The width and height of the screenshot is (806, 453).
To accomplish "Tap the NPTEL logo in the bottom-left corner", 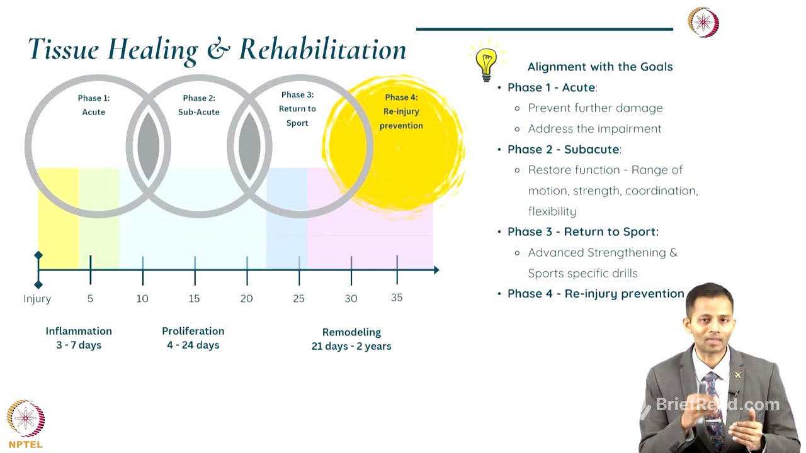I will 26,423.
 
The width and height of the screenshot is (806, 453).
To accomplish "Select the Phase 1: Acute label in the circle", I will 94,105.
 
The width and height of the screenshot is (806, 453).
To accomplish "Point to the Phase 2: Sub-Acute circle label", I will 199,105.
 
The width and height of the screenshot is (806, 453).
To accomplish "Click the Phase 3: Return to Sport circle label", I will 297,109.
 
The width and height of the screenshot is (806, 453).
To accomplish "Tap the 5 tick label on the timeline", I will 90,298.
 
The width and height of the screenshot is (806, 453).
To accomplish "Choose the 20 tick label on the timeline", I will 246,298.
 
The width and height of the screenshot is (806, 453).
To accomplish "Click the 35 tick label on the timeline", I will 397,298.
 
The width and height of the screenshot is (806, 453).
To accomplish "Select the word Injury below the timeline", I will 37,298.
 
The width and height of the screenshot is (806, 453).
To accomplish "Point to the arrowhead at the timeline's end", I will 436,270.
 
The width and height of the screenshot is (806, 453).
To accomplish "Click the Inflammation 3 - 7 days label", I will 79,338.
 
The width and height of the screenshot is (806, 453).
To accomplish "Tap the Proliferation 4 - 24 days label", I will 193,338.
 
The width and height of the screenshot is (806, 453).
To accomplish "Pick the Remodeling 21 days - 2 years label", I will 351,339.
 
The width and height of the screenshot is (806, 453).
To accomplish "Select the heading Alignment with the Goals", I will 600,67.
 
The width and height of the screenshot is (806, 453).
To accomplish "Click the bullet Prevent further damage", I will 595,108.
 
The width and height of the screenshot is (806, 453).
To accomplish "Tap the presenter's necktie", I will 713,403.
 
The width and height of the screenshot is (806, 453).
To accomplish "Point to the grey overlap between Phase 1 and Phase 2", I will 149,146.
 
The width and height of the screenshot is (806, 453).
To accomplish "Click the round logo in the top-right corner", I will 703,23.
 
